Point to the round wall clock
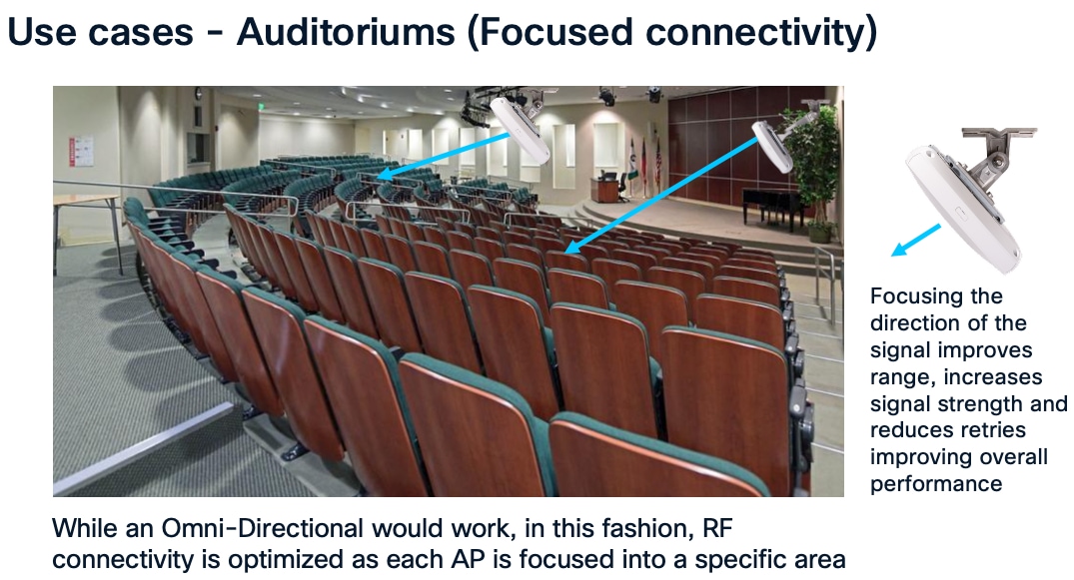(198, 94)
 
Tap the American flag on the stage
(644, 160)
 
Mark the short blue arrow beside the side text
(915, 241)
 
